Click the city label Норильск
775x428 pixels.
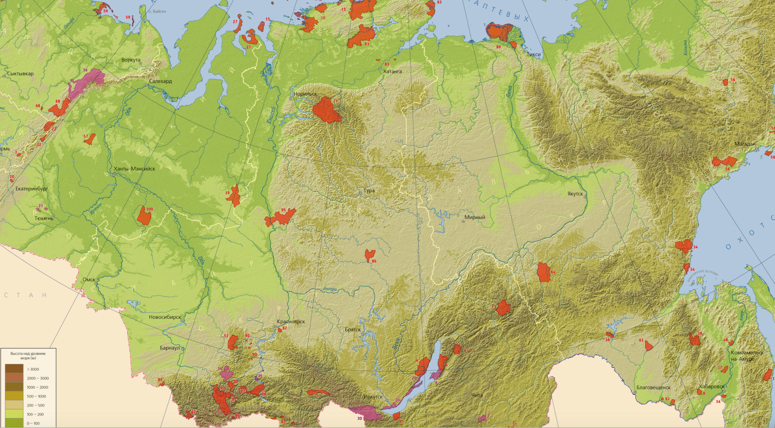tap(305, 94)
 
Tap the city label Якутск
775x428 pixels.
tap(575, 194)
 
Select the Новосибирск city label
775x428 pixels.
tap(165, 317)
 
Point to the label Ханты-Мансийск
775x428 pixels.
tap(134, 169)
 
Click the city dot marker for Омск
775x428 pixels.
tap(96, 283)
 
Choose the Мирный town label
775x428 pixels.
tap(475, 217)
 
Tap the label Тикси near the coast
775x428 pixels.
tap(533, 54)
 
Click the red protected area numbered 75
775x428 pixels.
tap(326, 111)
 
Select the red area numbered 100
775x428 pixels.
tap(144, 216)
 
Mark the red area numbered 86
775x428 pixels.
tap(369, 255)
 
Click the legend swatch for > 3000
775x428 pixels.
tap(14, 369)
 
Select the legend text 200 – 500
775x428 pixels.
tap(36, 405)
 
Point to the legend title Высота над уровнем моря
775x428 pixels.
tap(28, 355)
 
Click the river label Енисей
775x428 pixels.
tap(271, 115)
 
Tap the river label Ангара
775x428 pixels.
tap(329, 289)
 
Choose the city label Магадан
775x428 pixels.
tap(745, 144)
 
